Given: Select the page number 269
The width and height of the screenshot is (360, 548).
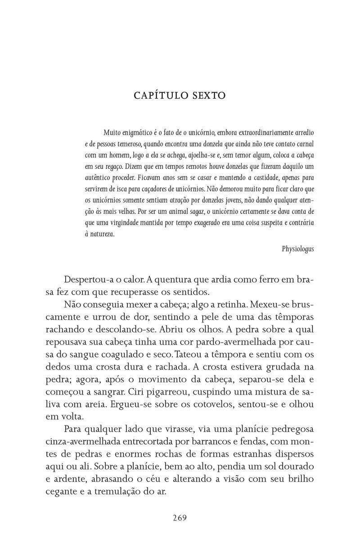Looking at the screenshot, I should click(x=180, y=517).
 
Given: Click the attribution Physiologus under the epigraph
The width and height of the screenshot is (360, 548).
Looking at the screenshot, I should click(x=298, y=248).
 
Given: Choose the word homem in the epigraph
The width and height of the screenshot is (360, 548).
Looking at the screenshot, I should click(x=112, y=155).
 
